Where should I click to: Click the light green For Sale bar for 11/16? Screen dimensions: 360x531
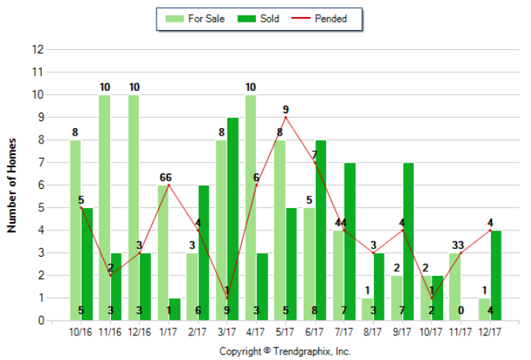point(104,208)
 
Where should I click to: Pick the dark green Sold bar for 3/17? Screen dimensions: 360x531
point(233,220)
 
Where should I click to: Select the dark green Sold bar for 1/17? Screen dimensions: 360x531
point(174,309)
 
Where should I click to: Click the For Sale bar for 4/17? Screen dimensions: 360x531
point(250,208)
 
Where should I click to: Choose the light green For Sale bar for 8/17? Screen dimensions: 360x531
point(367,309)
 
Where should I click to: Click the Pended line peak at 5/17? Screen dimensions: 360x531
point(285,118)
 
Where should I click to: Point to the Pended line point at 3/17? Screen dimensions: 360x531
point(227,298)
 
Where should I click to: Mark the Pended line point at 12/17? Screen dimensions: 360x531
point(490,230)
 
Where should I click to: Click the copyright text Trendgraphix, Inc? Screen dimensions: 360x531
point(285,351)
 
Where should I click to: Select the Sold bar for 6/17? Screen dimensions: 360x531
point(320,230)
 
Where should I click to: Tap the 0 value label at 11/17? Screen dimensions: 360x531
point(460,311)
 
